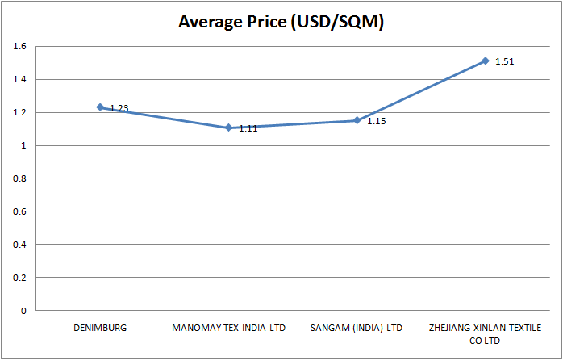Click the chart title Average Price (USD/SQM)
[x=281, y=23]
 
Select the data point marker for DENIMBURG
[x=100, y=107]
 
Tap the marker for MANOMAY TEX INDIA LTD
[x=228, y=128]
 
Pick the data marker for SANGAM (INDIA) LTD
[x=357, y=120]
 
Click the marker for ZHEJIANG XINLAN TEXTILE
[x=485, y=61]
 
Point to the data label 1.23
[x=119, y=108]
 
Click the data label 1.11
[x=248, y=128]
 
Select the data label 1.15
[x=377, y=121]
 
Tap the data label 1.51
[x=505, y=61]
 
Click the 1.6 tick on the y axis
[x=20, y=47]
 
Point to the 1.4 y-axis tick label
[x=20, y=80]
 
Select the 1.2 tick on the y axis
[x=20, y=113]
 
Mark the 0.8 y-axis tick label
[x=20, y=178]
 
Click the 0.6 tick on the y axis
[x=20, y=211]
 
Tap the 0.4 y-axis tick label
[x=20, y=245]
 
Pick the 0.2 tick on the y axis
[x=20, y=278]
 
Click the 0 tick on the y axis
[x=24, y=311]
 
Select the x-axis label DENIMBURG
[x=100, y=329]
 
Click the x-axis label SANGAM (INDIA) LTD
[x=357, y=329]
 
